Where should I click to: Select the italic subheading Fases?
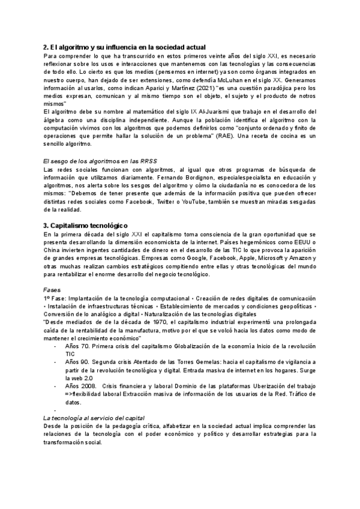pyautogui.click(x=53, y=289)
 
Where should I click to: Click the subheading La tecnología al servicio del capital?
pyautogui.click(x=94, y=418)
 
